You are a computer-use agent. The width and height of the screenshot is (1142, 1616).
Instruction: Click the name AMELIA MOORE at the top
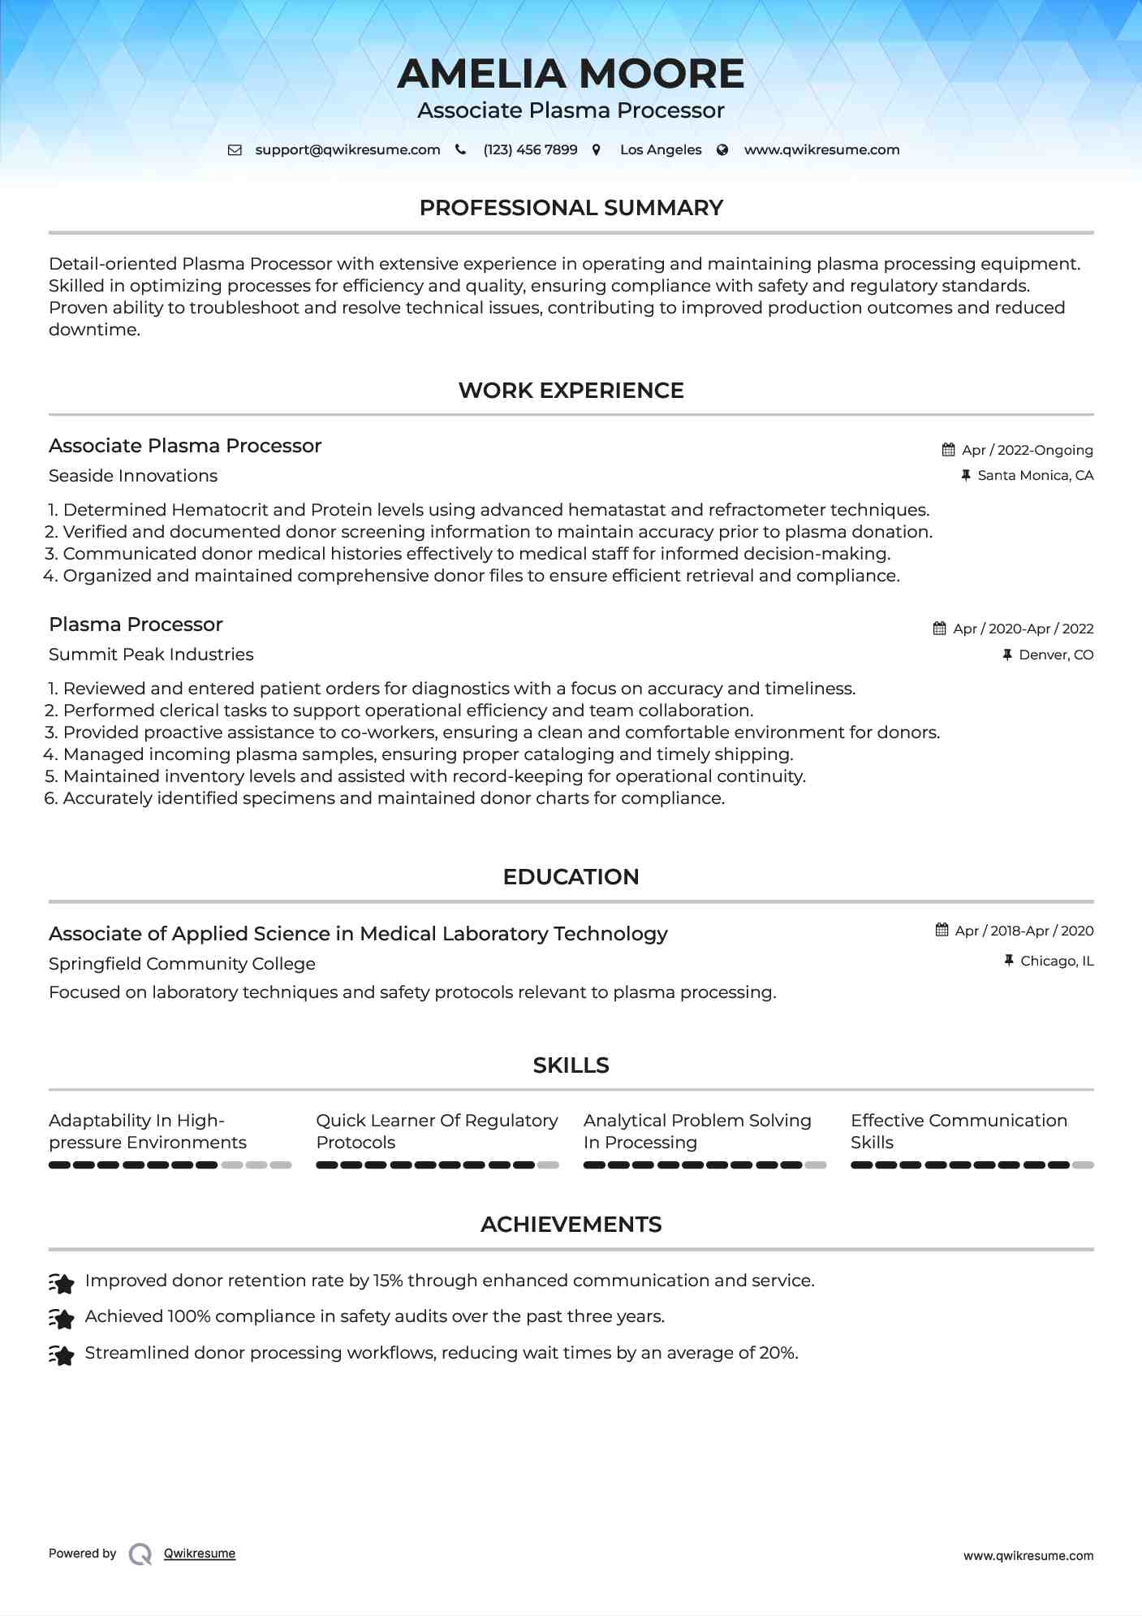click(571, 74)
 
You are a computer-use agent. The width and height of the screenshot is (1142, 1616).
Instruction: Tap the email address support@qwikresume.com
click(347, 150)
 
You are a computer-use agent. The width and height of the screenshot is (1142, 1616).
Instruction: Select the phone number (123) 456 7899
click(530, 150)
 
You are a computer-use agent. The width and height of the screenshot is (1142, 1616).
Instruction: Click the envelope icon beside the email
click(235, 150)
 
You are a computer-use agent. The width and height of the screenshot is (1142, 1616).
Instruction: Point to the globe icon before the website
click(722, 150)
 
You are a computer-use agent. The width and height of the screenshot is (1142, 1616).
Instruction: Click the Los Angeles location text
click(661, 150)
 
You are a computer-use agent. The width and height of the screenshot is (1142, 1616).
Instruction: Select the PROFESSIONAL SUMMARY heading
click(571, 208)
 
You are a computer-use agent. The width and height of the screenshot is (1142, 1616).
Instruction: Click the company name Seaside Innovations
click(133, 476)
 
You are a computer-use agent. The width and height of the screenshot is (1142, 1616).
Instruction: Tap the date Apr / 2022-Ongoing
click(1027, 450)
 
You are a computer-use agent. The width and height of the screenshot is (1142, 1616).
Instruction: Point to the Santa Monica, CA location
click(1035, 476)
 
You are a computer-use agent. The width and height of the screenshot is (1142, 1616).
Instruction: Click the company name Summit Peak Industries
click(151, 655)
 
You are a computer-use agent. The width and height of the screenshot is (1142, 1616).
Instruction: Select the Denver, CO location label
click(1056, 655)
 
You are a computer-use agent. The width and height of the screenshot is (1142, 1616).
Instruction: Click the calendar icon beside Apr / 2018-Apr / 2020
click(942, 930)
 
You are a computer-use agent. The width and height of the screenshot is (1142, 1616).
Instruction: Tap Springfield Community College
click(182, 964)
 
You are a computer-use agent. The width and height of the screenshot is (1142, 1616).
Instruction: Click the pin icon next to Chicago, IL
click(1009, 961)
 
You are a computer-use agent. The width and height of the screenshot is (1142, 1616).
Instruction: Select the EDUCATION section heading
click(571, 877)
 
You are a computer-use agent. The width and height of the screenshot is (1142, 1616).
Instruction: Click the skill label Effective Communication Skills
click(959, 1131)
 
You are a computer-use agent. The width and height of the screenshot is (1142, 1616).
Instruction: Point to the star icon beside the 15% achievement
click(62, 1282)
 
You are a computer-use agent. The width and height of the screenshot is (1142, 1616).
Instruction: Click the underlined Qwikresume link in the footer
click(200, 1553)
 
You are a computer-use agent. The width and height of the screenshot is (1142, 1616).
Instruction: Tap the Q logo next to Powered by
click(140, 1553)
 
